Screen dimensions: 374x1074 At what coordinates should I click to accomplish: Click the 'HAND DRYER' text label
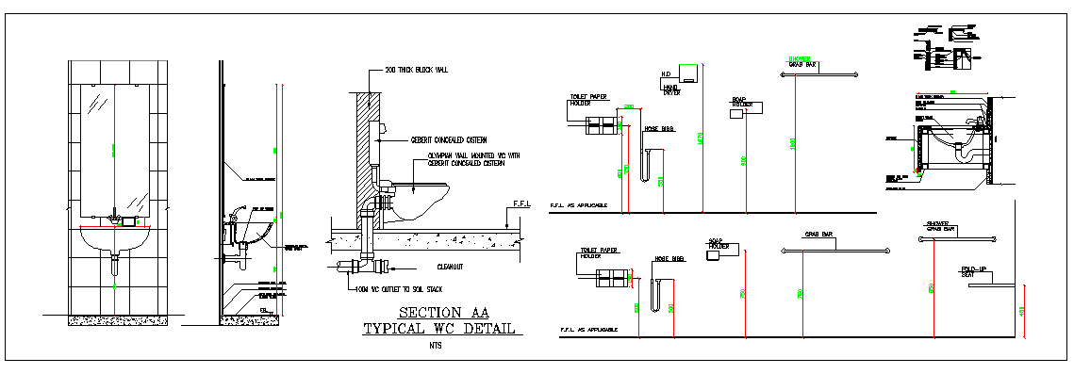pos(671,89)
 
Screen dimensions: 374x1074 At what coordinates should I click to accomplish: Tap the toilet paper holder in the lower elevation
pos(611,275)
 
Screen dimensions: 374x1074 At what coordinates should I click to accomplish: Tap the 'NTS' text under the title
pos(433,346)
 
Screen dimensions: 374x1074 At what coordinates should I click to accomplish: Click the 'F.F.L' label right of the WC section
pos(521,203)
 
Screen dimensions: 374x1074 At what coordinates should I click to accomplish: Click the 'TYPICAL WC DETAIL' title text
pos(439,329)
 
